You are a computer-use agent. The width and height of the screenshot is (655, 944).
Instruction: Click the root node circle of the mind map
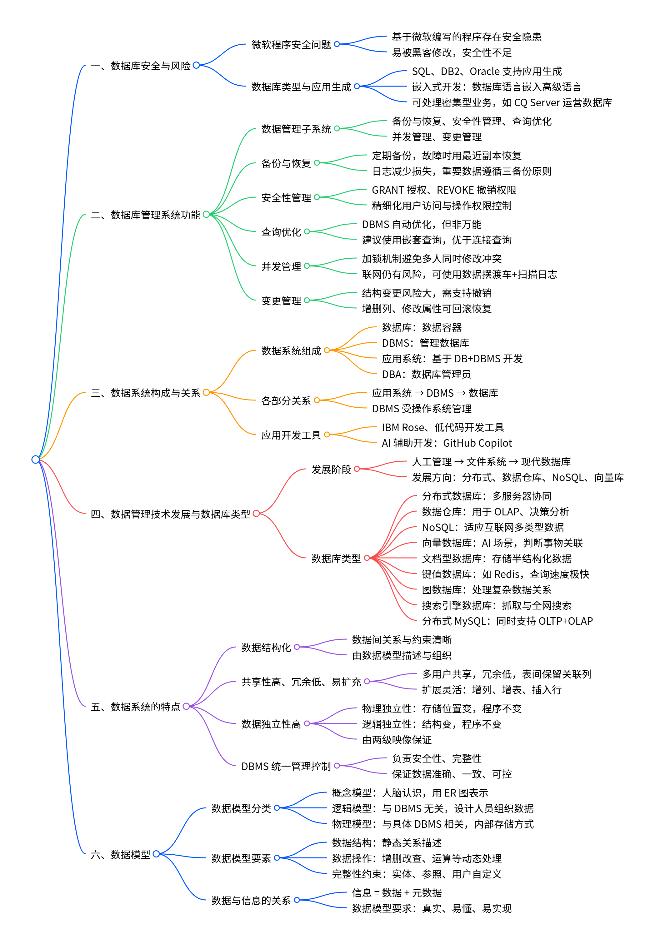coord(36,459)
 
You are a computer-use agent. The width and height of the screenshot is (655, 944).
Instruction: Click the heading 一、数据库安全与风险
coord(140,66)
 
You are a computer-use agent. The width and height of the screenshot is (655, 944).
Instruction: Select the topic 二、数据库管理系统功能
coord(145,215)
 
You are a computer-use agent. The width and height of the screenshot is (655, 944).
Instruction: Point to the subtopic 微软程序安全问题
coord(291,44)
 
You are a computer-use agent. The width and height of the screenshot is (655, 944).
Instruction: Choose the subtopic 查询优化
coord(281,232)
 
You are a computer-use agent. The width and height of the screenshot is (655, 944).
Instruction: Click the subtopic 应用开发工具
coord(291,435)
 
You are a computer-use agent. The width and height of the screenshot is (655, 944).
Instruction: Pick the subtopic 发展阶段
coord(331,469)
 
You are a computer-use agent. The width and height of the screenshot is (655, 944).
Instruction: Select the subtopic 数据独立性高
coord(271,724)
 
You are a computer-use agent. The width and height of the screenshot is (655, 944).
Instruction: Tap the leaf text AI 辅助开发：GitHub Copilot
coord(447,443)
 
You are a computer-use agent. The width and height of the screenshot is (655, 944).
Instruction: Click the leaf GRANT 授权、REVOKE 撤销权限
coord(444,190)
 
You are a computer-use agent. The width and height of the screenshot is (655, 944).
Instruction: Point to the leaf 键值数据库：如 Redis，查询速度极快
coord(505,574)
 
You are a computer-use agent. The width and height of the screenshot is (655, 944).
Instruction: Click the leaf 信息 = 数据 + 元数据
coord(397,893)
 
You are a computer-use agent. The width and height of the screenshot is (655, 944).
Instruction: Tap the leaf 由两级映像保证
coord(397,740)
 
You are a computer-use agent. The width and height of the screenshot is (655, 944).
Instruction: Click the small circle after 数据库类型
coord(367,558)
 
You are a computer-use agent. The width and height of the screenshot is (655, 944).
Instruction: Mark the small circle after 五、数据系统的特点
coord(186,706)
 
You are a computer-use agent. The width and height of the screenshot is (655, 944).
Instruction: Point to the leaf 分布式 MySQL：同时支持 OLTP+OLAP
coord(507,621)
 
